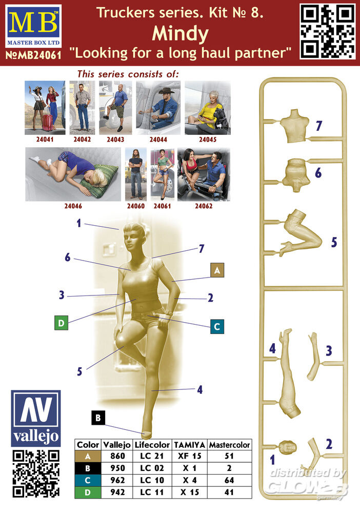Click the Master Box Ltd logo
[33, 26]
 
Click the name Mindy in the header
[180, 34]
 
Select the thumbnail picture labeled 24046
[73, 174]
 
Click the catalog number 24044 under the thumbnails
[158, 140]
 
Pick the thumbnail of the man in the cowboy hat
[158, 108]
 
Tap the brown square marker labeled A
[217, 270]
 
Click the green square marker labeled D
[61, 323]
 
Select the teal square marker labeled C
[217, 326]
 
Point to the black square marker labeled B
[98, 418]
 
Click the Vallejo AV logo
[35, 418]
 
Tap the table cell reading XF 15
[190, 456]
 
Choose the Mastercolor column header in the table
[230, 445]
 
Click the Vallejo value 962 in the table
[117, 480]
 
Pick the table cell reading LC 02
[152, 468]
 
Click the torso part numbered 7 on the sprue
[294, 126]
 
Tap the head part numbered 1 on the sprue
[288, 447]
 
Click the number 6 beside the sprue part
[318, 173]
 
